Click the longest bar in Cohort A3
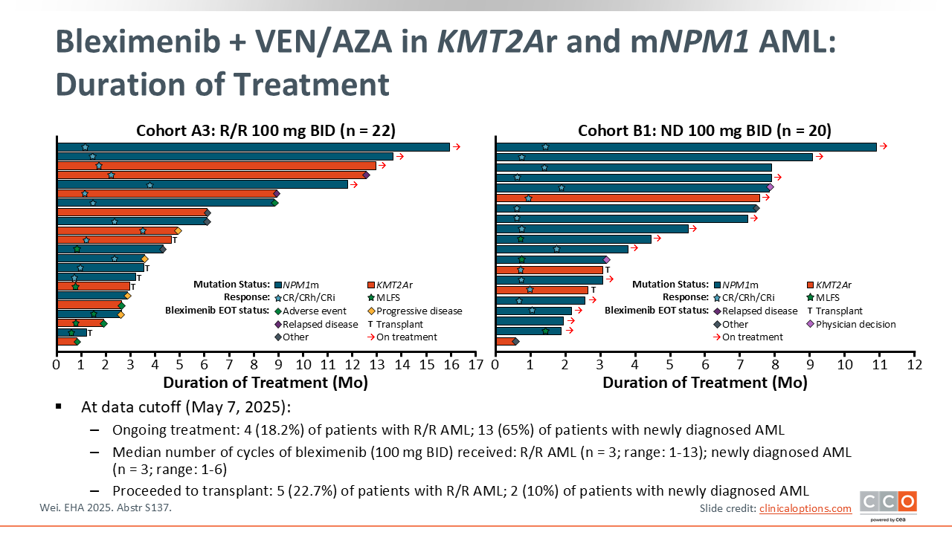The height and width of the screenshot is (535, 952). point(253,147)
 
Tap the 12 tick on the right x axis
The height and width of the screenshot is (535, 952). point(914,365)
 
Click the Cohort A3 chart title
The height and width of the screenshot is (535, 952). point(266,131)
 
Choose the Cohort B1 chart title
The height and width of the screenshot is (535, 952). point(704,131)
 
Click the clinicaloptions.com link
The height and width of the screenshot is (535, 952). point(805,508)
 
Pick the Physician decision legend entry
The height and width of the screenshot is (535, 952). point(855,324)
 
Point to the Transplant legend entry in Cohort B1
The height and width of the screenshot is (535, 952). point(836,311)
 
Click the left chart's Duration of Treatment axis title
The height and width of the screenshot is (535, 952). point(266,383)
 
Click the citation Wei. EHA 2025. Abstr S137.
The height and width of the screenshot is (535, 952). point(110,508)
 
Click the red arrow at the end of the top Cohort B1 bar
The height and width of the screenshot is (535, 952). point(884,146)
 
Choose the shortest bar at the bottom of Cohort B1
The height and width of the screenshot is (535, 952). point(505,341)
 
